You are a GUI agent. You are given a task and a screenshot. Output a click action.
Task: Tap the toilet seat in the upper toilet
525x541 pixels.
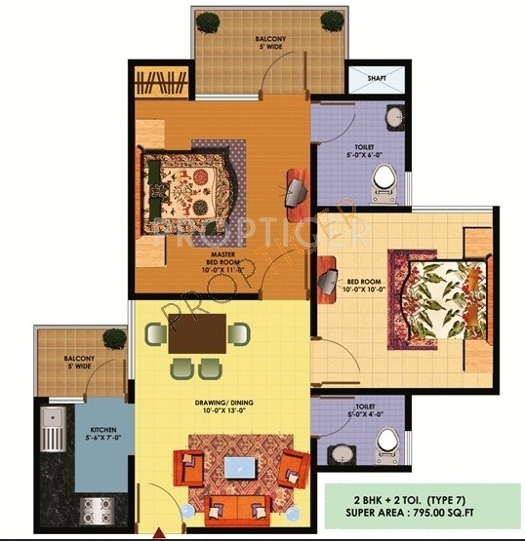(x=386, y=179)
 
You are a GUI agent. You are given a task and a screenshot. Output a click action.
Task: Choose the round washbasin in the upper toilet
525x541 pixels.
(x=394, y=119)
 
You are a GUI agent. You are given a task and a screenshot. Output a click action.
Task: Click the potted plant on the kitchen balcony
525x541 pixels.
(x=115, y=338)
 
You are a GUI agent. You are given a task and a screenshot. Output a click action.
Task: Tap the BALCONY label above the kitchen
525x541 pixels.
(x=79, y=358)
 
